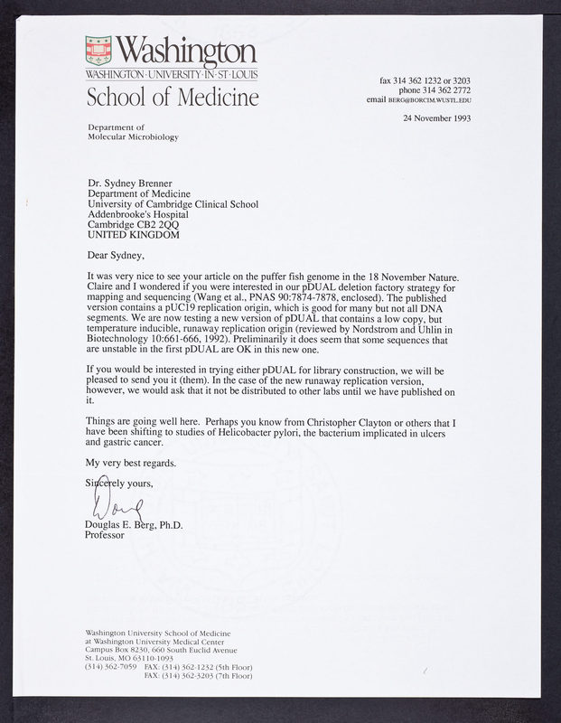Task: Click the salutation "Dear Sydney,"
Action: tap(118, 255)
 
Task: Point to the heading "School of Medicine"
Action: tap(173, 96)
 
